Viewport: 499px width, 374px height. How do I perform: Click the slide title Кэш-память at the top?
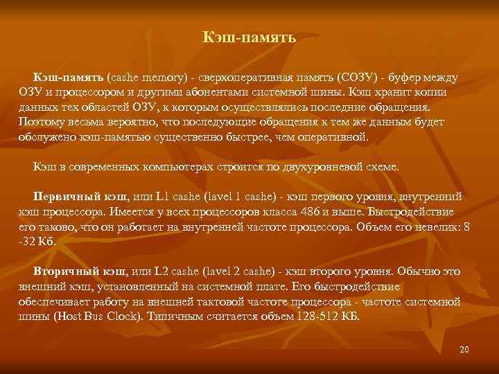(249, 37)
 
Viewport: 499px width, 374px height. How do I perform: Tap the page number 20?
(464, 350)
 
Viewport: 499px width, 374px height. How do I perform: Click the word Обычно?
(428, 271)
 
